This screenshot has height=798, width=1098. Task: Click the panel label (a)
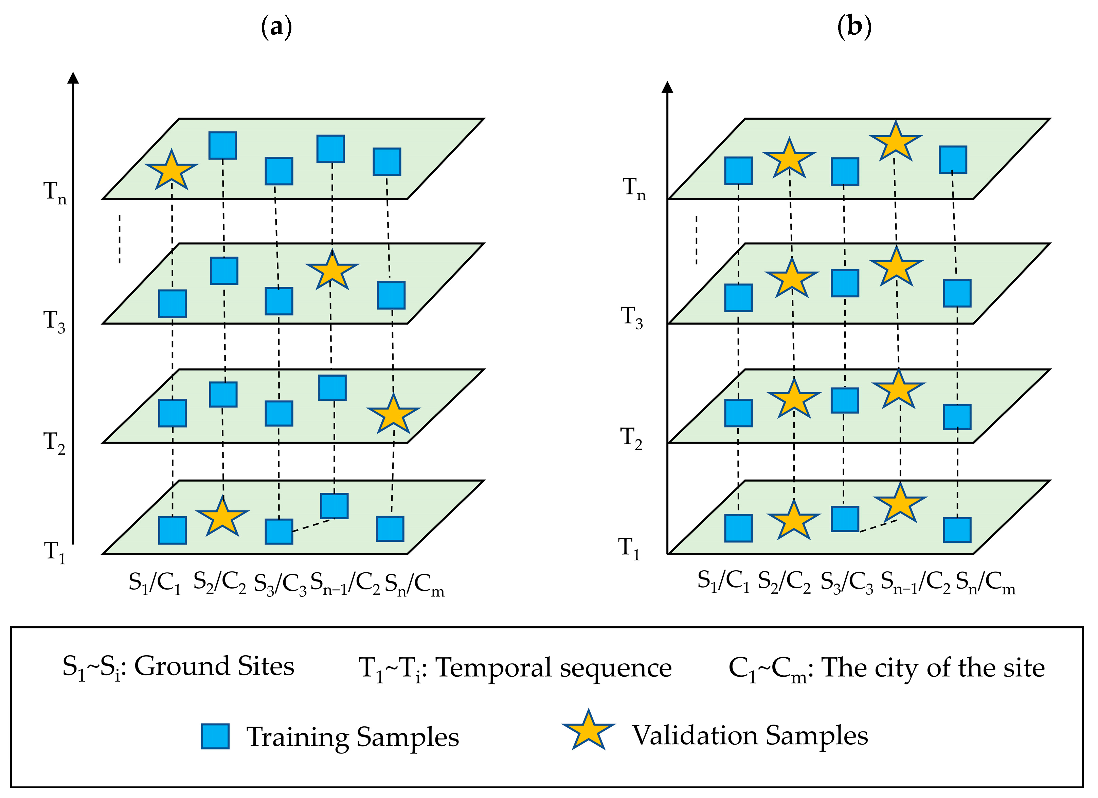[x=276, y=27]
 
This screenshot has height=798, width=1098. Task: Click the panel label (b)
[x=854, y=27]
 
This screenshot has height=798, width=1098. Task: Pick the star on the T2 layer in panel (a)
[x=393, y=414]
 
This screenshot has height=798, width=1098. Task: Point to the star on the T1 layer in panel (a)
[x=222, y=517]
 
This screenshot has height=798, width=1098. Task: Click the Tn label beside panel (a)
[x=55, y=193]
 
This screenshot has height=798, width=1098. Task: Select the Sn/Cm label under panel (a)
[x=414, y=585]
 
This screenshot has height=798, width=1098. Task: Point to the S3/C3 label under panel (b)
[x=847, y=583]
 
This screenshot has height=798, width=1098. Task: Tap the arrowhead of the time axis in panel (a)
[x=73, y=77]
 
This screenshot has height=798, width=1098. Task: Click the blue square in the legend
[x=215, y=736]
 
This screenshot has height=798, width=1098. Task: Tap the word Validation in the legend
[x=695, y=735]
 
